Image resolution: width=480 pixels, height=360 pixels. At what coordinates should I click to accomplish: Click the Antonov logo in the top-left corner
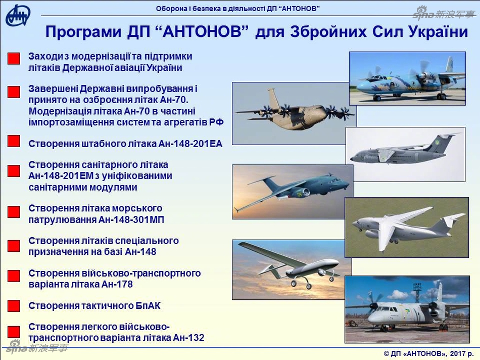(18, 16)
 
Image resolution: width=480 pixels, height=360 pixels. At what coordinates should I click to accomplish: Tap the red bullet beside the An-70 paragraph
(14, 92)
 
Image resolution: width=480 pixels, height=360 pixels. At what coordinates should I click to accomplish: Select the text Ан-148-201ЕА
(190, 144)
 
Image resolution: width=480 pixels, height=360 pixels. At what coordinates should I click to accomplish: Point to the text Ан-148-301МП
(131, 219)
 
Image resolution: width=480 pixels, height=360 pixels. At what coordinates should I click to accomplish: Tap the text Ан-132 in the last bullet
(188, 338)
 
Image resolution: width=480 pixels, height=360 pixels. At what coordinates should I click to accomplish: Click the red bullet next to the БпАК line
(14, 306)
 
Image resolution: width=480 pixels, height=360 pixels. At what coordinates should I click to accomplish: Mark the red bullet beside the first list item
(14, 58)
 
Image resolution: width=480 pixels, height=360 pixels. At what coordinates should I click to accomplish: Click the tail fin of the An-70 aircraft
(273, 98)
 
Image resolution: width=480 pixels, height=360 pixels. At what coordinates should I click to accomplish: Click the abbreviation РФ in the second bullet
(217, 122)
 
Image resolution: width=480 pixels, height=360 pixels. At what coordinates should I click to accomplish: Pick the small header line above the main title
(237, 9)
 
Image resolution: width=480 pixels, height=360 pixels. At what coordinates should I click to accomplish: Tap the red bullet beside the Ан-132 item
(14, 332)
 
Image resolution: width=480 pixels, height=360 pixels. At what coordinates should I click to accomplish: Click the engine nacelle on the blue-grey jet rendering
(299, 193)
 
